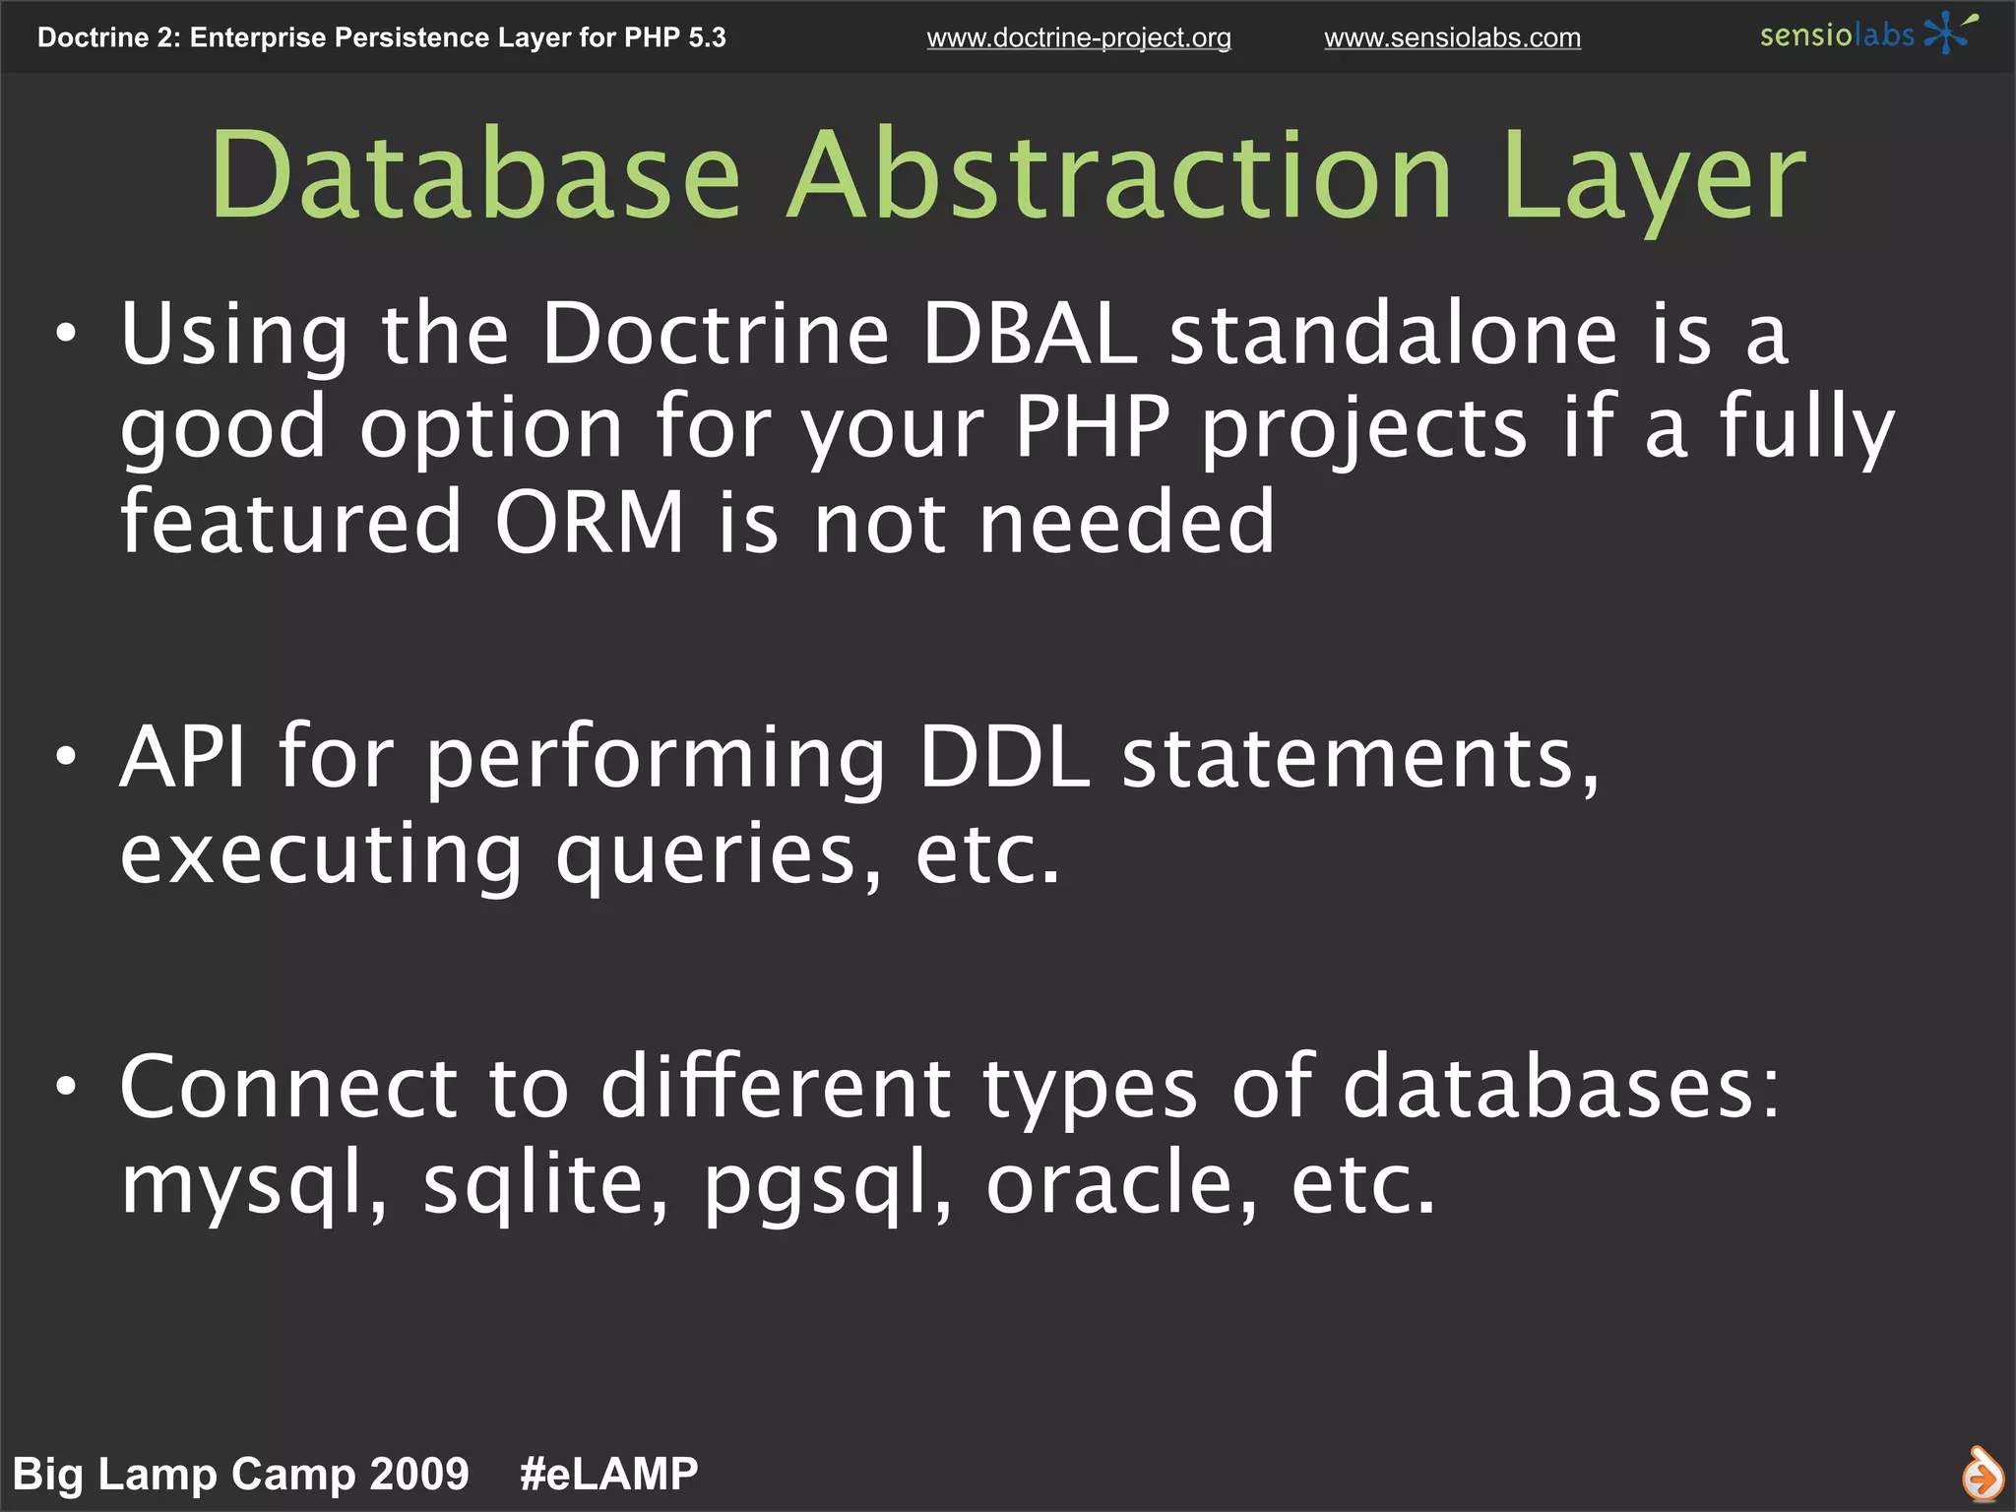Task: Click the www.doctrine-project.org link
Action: [x=1078, y=37]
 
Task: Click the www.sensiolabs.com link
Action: [x=1452, y=37]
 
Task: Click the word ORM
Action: [x=589, y=522]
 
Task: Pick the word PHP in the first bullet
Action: [x=1092, y=427]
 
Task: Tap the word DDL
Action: [x=1003, y=757]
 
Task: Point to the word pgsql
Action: [x=827, y=1185]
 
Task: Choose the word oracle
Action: [x=1121, y=1183]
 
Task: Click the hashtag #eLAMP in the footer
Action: [x=608, y=1474]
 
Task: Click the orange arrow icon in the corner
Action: [x=1981, y=1476]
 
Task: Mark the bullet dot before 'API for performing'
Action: [x=66, y=756]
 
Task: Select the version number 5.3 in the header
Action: [x=707, y=37]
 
